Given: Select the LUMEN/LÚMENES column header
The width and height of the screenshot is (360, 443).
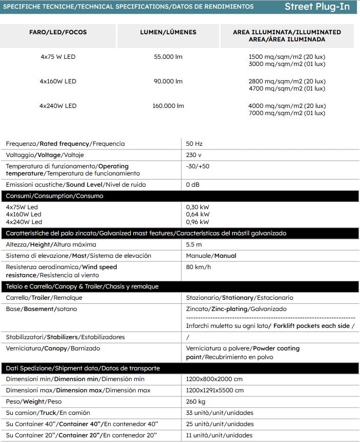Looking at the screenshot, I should (x=168, y=32).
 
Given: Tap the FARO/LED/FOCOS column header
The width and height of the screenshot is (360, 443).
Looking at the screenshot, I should (x=58, y=32).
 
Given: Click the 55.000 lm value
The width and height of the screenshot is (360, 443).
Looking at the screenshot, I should (x=168, y=57).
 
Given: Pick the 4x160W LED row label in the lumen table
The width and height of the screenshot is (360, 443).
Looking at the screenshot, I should (x=58, y=81).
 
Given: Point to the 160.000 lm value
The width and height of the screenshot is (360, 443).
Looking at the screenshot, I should (x=168, y=106).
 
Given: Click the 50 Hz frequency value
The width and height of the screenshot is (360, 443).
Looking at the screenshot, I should (x=195, y=144).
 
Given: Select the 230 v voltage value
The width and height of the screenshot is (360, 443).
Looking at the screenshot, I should (x=194, y=155).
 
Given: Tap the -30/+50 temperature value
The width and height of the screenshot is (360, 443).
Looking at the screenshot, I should (x=198, y=166).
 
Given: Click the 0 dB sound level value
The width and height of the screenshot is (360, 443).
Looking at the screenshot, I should (x=193, y=184).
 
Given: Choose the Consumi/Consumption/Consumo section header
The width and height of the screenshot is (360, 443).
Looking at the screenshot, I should (x=54, y=196).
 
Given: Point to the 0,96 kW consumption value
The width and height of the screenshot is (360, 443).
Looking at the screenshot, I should (x=198, y=222).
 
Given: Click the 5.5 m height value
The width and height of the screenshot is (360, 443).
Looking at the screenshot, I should (x=194, y=245).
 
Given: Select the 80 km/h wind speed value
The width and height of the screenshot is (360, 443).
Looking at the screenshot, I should (x=199, y=267).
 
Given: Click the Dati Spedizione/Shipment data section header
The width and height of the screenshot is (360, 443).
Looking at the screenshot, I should (x=83, y=368).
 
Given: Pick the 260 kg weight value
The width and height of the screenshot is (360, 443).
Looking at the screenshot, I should (x=196, y=402).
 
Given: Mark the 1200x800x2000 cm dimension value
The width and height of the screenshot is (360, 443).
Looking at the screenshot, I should (x=215, y=379).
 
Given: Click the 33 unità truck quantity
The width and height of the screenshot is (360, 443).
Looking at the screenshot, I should (x=220, y=413).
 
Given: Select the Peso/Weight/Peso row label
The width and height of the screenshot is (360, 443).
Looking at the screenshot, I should (x=33, y=402).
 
